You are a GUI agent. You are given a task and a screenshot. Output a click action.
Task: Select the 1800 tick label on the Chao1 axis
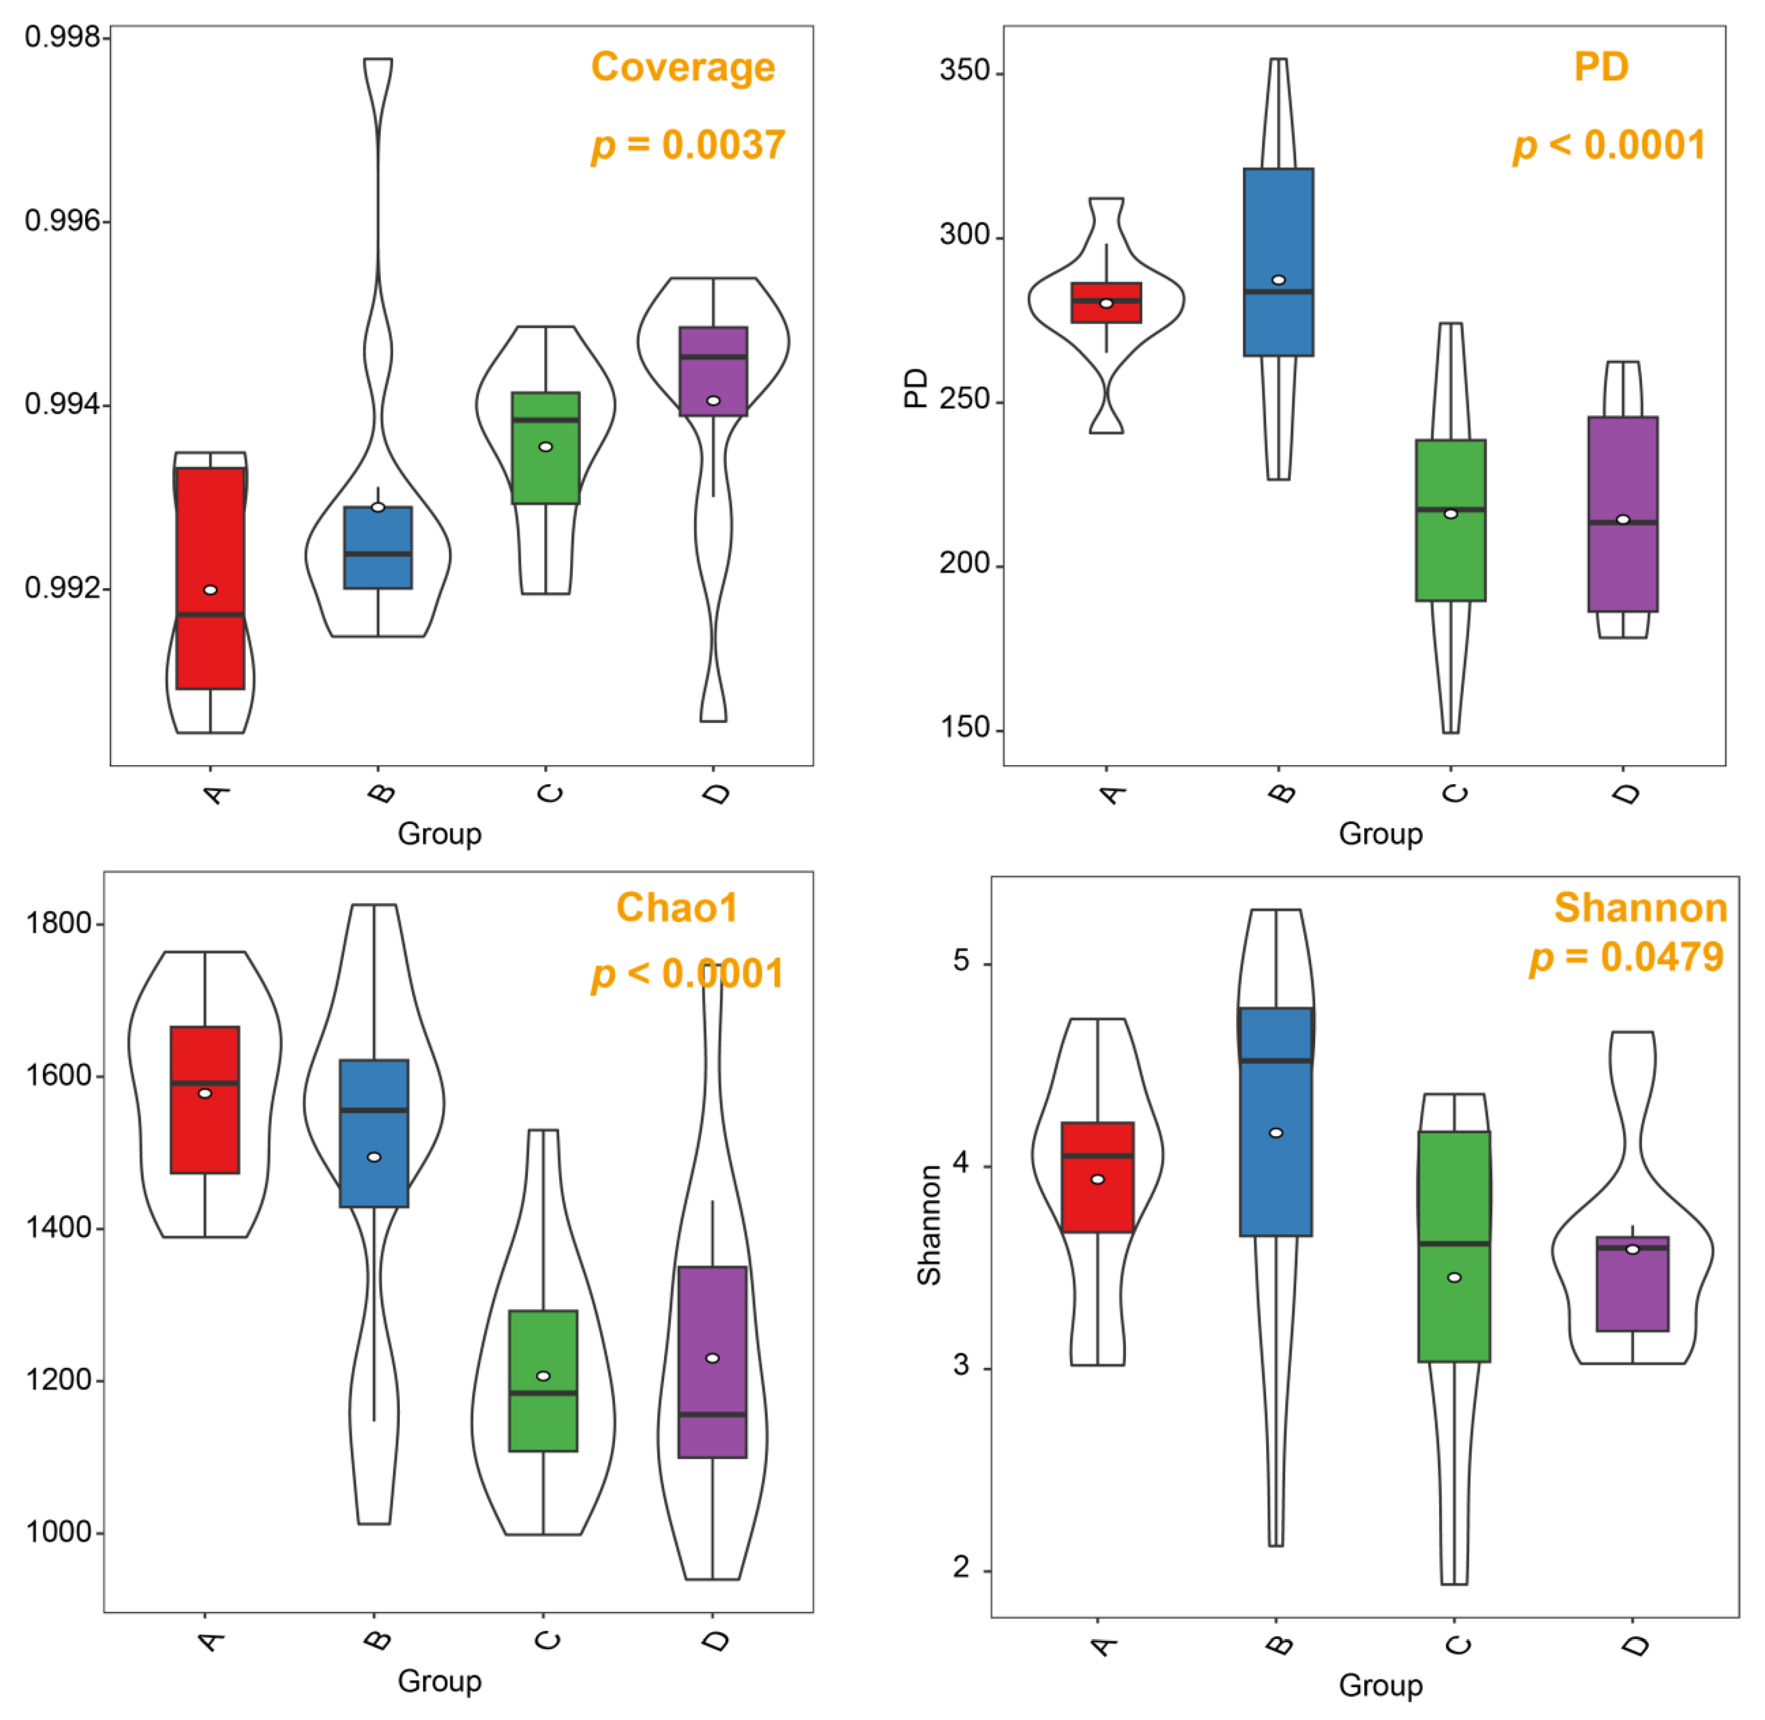pos(59,923)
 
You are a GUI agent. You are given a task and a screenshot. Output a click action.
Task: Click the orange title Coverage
pos(683,68)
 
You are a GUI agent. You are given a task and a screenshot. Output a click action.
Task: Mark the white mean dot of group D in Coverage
pos(713,400)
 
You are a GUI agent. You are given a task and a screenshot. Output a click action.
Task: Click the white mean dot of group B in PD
pos(1278,280)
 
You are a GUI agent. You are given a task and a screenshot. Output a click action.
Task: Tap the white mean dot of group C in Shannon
pos(1454,1277)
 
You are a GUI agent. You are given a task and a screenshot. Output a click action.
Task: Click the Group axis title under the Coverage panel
pos(440,833)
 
